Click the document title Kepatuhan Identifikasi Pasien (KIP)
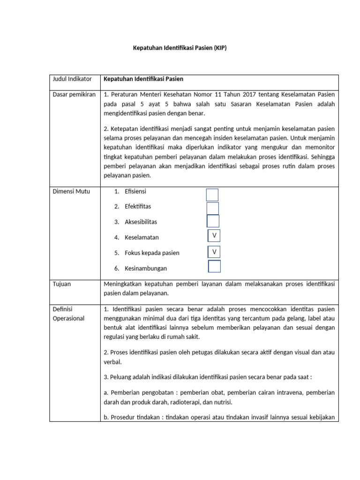pyautogui.click(x=180, y=48)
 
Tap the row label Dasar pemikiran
pyautogui.click(x=74, y=94)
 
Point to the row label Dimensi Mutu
pyautogui.click(x=71, y=191)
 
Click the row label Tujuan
pyautogui.click(x=62, y=284)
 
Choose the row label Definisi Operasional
pyautogui.click(x=68, y=314)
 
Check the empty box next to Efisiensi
pyautogui.click(x=212, y=195)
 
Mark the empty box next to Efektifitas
pyautogui.click(x=213, y=208)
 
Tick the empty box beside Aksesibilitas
pyautogui.click(x=213, y=221)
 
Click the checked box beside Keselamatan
pyautogui.click(x=214, y=236)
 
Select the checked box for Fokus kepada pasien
pyautogui.click(x=214, y=252)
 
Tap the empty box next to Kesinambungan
pyautogui.click(x=215, y=266)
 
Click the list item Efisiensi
pyautogui.click(x=135, y=191)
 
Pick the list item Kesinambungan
pyautogui.click(x=145, y=269)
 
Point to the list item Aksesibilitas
pyautogui.click(x=141, y=222)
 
